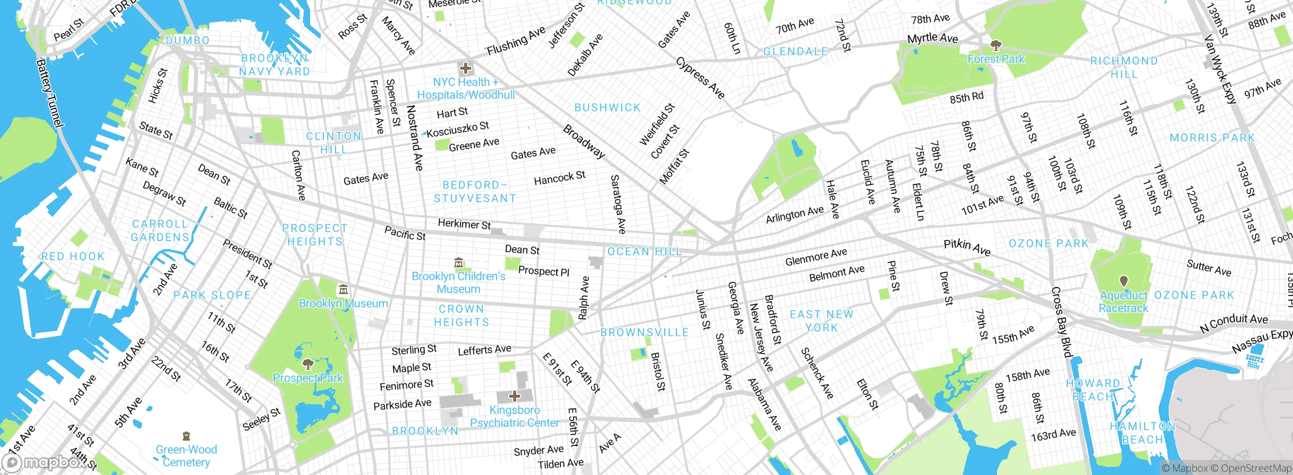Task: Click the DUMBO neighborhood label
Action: [187, 40]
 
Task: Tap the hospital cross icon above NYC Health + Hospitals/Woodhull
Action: [465, 68]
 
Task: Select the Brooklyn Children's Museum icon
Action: [459, 263]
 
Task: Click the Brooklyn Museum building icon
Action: [343, 290]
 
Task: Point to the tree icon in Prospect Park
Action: [308, 364]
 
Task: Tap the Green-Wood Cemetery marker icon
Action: [186, 436]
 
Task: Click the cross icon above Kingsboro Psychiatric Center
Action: [514, 396]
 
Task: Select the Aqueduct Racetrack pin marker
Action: [1123, 281]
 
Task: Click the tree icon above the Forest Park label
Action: [996, 45]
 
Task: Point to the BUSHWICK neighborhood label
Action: [607, 108]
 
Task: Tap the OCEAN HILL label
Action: [644, 251]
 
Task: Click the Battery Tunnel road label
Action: [49, 93]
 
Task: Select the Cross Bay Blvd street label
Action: [1062, 322]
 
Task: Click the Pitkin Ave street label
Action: [967, 247]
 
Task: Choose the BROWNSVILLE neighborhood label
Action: [644, 332]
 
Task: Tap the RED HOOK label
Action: [73, 256]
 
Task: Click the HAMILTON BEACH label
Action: [1142, 433]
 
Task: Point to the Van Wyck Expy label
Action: [1220, 69]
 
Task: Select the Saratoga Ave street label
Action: [618, 204]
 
